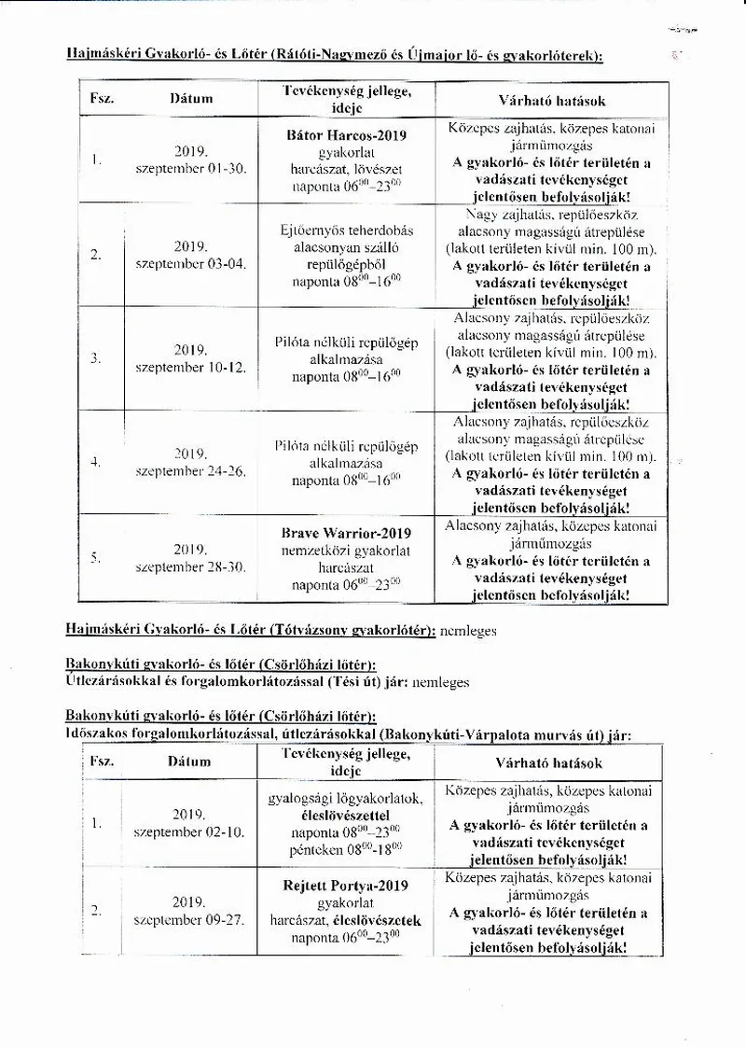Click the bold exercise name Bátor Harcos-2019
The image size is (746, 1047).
pos(346,134)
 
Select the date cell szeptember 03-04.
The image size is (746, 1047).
pos(191,264)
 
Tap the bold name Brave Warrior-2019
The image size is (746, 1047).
pos(346,534)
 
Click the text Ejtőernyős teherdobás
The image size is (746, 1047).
pos(346,230)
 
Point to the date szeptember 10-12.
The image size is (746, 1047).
pos(191,368)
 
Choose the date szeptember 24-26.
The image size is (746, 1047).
pos(191,471)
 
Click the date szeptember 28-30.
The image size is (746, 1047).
pos(191,566)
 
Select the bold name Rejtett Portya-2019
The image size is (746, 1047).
pos(345,886)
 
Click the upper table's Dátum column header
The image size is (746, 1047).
pos(191,98)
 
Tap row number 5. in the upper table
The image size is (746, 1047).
pos(96,558)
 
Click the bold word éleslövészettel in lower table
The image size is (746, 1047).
pos(345,815)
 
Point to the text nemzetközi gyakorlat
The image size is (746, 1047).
pos(346,551)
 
